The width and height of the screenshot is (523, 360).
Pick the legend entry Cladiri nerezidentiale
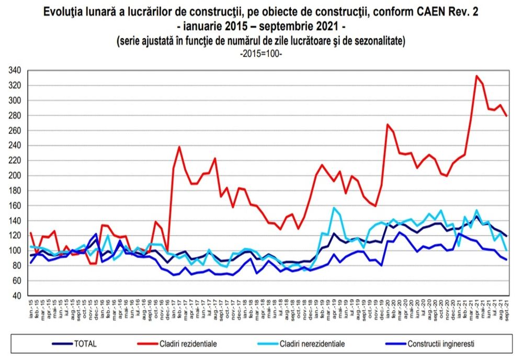pyautogui.click(x=313, y=344)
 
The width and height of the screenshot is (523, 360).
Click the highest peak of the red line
pyautogui.click(x=476, y=76)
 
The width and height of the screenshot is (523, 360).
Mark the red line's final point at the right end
pyautogui.click(x=506, y=116)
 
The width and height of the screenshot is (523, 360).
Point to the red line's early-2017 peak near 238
pyautogui.click(x=180, y=147)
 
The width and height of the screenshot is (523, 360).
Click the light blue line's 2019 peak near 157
pyautogui.click(x=334, y=208)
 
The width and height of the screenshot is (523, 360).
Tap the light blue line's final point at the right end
pyautogui.click(x=506, y=251)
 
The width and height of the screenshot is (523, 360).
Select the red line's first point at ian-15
pyautogui.click(x=30, y=233)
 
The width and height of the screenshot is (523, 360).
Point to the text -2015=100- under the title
pyautogui.click(x=261, y=53)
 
